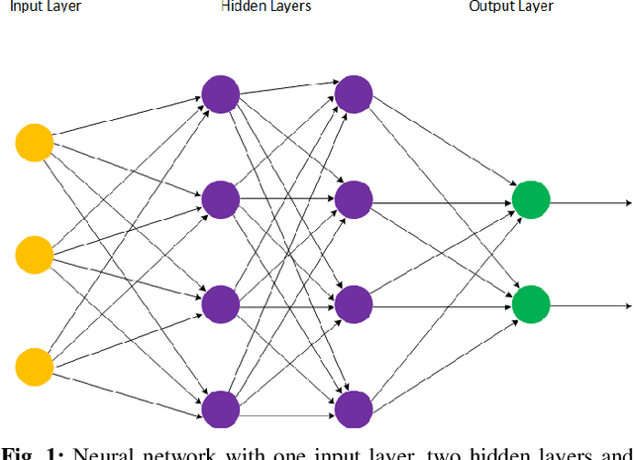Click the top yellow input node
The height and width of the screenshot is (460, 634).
34,143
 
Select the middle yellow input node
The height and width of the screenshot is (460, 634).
34,254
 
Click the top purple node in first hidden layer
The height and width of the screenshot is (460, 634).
220,94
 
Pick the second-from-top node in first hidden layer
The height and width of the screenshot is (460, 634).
220,199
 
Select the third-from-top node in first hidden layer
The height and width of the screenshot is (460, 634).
220,302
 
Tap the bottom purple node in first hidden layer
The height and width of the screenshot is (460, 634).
220,407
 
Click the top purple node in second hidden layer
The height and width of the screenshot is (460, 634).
353,94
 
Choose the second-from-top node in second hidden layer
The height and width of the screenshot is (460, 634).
353,199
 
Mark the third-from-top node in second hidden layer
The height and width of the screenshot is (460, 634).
353,302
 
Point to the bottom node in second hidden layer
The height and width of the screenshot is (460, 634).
353,407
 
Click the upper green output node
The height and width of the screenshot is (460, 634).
530,199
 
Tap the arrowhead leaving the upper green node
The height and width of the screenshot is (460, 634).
626,204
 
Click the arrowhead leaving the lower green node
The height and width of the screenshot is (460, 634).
626,306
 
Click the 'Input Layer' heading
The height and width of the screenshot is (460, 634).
46,7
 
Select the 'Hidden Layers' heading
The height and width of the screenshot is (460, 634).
265,7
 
